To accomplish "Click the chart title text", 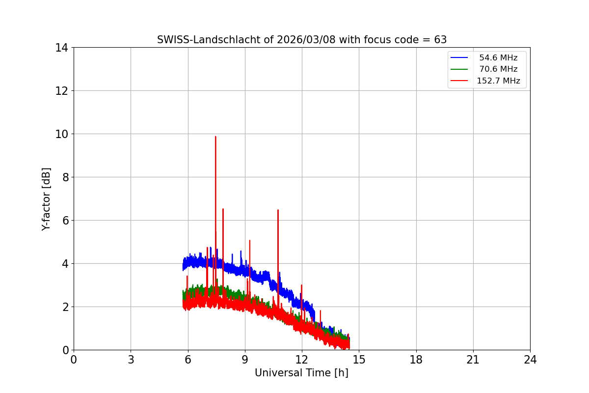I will [301, 40].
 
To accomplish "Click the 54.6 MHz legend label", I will [498, 58].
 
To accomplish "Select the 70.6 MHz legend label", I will [498, 69].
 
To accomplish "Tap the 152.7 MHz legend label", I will [498, 81].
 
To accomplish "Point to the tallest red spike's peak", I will [215, 137].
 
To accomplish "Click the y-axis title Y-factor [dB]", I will [46, 199].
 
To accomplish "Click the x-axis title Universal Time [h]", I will [301, 373].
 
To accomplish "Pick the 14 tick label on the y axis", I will [62, 48].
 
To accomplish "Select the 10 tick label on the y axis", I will [62, 134].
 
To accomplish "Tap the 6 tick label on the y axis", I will [65, 221].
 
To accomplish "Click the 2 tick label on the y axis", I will [65, 307].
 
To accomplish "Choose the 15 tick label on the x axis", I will [359, 360].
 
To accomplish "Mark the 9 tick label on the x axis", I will [245, 360].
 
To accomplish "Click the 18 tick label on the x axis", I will [416, 360].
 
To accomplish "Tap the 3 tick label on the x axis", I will [131, 360].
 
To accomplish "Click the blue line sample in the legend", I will [459, 58].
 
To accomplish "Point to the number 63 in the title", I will [440, 40].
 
